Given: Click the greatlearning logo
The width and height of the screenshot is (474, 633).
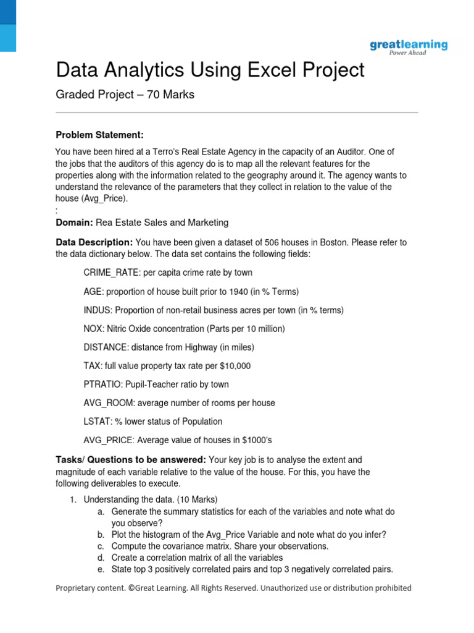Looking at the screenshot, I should pos(409,46).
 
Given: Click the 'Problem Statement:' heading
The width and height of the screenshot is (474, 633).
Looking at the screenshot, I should pos(99,135).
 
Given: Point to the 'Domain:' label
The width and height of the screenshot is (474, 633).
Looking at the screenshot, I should pos(75,223).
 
